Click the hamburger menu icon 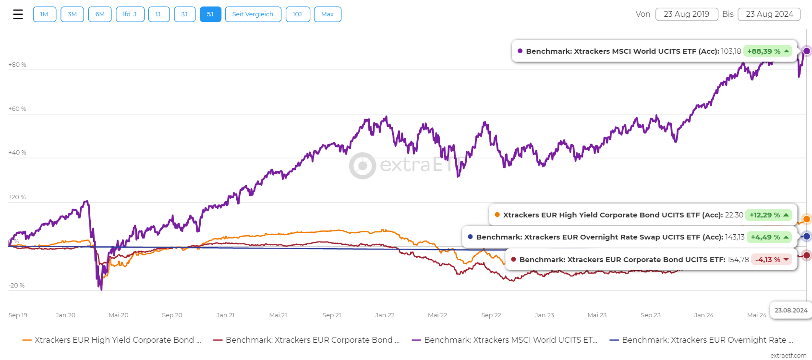18,14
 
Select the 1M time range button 44,14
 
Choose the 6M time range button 100,14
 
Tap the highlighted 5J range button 210,14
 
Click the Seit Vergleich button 253,14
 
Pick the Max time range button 327,14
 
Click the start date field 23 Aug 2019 686,14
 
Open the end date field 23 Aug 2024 769,14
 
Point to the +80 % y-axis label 17,65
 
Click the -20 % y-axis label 16,286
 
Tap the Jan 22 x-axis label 385,315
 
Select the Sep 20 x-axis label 172,315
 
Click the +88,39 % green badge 767,51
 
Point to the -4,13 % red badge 771,260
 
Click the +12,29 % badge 768,215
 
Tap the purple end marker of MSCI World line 806,51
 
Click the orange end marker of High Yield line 806,219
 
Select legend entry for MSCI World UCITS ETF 505,340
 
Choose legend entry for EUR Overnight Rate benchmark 702,340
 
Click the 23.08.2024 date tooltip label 790,311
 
